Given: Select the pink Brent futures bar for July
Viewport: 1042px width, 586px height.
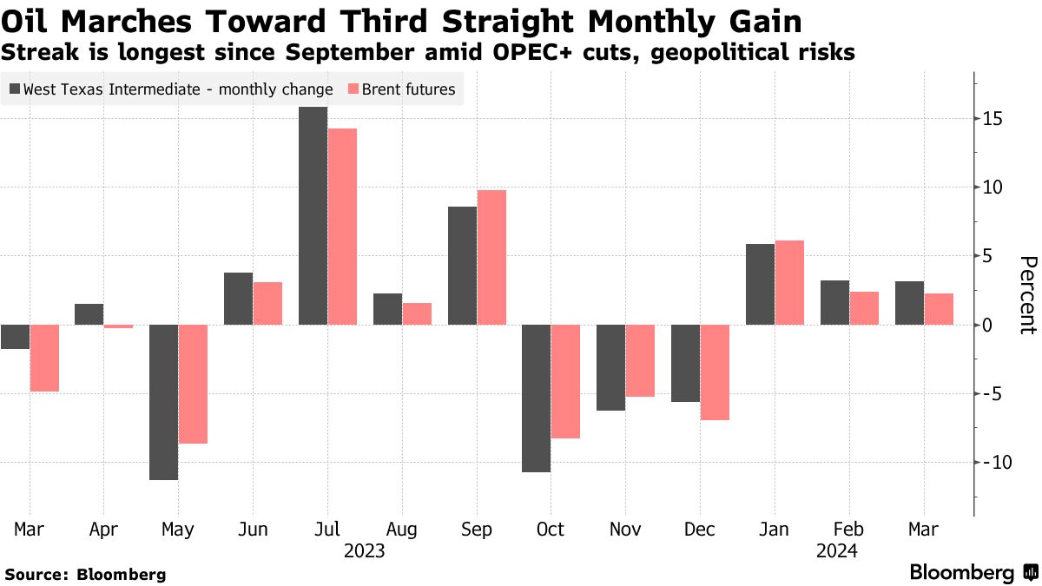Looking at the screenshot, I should tap(342, 227).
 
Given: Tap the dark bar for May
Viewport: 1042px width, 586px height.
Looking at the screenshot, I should tap(163, 402).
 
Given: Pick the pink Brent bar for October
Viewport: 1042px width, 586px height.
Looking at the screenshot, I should tap(565, 381).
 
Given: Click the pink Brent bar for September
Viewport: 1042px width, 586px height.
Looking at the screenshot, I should tap(491, 257).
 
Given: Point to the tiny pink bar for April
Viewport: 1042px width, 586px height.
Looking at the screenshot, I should tap(118, 326).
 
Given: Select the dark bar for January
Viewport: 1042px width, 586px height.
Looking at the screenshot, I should tap(761, 285).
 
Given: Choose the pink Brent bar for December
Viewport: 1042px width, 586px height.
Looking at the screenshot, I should tap(715, 372).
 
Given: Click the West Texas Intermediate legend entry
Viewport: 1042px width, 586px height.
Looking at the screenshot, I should tap(171, 89).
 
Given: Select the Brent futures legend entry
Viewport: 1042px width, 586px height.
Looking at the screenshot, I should tap(401, 89).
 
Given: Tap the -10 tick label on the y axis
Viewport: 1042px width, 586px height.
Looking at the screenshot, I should tap(989, 462).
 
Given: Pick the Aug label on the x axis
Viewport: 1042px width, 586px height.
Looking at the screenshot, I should tap(402, 530).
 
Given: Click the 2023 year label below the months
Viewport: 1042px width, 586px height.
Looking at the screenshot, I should tap(364, 551).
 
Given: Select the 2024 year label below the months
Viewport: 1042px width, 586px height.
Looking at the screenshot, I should tap(836, 551).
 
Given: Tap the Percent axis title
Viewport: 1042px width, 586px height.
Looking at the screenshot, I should tap(1026, 295).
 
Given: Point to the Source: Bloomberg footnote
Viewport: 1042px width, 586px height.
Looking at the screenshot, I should tap(85, 574).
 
